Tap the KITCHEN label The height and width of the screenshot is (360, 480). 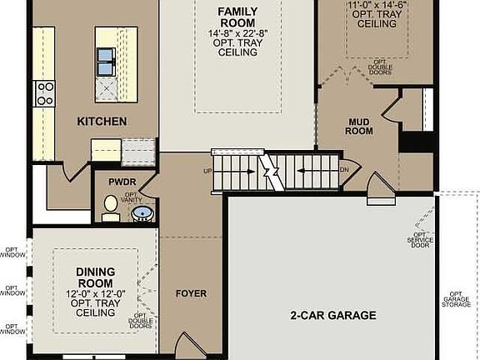(102, 122)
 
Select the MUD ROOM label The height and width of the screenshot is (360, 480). (359, 126)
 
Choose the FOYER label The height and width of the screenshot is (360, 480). (191, 294)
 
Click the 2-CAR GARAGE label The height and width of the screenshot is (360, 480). (333, 316)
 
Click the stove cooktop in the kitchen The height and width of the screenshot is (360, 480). (44, 92)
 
